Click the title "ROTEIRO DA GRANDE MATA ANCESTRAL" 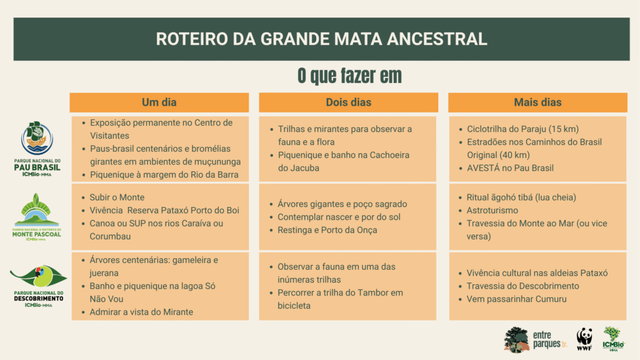point(321,39)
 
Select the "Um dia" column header point(159,102)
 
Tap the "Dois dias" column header point(349,102)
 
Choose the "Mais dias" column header point(537,102)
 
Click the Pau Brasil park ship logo point(37,138)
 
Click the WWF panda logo point(584,339)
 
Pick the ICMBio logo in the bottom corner point(614,339)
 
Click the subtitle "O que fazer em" point(349,76)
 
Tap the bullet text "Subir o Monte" point(117,197)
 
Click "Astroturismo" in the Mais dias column point(492,211)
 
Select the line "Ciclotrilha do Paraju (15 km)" point(523,129)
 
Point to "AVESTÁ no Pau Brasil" point(510,168)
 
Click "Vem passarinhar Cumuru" point(517,299)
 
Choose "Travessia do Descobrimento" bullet point(523,286)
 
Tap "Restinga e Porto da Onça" point(327,230)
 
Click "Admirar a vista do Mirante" point(141,312)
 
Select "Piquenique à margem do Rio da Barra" point(164,175)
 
